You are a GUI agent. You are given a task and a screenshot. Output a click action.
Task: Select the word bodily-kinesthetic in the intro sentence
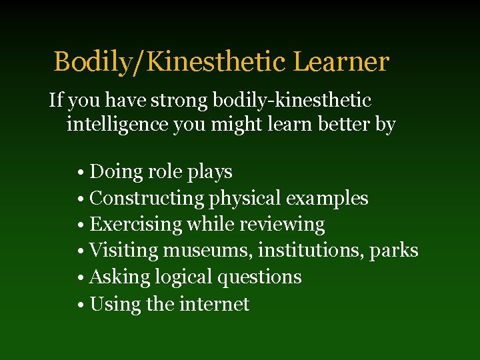[292, 101]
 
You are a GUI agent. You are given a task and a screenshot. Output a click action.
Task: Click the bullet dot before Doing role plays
[79, 173]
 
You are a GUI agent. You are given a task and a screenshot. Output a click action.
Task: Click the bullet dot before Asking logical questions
[79, 278]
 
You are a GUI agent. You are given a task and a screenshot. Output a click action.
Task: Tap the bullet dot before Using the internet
[79, 305]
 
